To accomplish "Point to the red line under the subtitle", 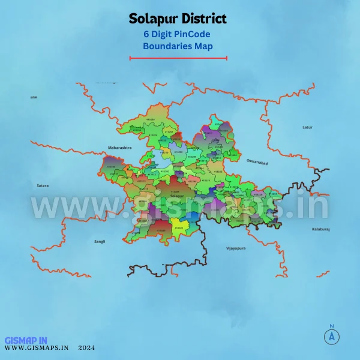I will pos(178,58).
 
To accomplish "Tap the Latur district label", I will pos(308,127).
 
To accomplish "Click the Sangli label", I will pos(99,241).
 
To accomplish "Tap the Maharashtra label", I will pos(119,147).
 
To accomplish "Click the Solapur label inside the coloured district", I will pos(176,196).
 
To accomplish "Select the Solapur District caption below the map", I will pos(178,271).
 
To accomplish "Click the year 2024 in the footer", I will pos(86,347).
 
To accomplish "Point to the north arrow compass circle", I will pos(331,337).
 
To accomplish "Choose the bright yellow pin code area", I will pos(179,226).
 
